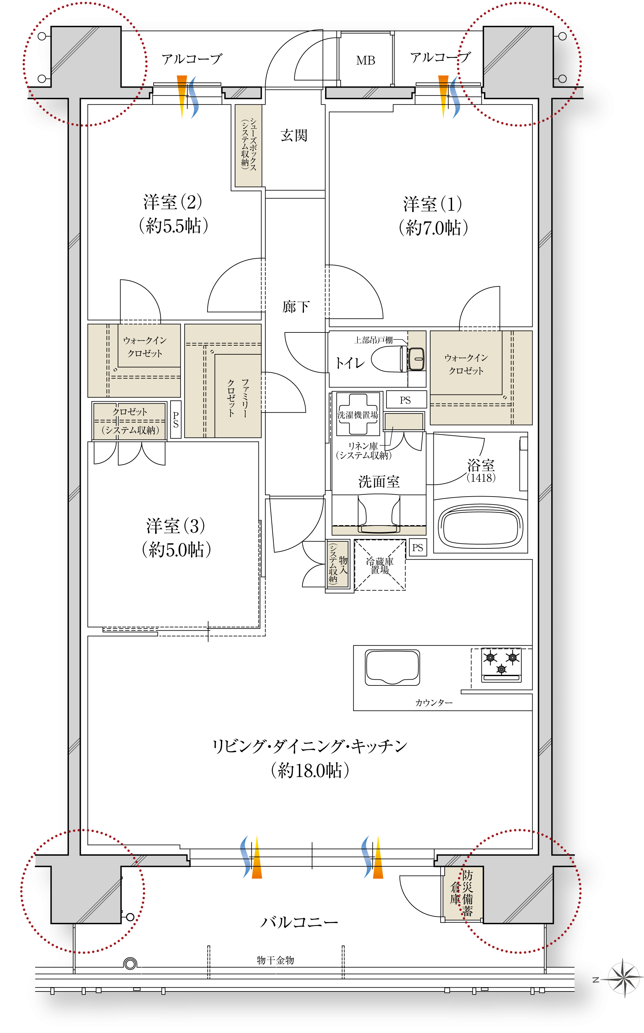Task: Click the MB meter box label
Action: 365,60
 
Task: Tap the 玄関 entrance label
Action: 294,135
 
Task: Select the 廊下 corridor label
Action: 296,306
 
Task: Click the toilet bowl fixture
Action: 398,359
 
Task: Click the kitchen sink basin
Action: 392,667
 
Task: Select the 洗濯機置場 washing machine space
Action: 358,414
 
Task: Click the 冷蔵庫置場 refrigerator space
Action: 380,565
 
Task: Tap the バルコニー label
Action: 299,922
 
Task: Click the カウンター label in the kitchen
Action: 434,703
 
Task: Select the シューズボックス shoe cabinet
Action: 248,145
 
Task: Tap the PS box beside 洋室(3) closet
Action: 175,420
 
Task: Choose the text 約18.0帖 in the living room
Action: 310,771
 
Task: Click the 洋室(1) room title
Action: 433,204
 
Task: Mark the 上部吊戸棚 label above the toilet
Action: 373,340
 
